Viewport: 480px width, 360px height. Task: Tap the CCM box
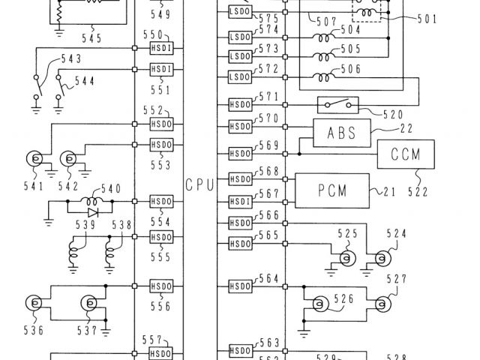(x=405, y=155)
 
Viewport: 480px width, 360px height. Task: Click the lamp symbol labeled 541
(x=34, y=158)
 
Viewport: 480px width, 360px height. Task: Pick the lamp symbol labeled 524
(x=381, y=259)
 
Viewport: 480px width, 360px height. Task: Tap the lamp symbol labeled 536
(x=34, y=304)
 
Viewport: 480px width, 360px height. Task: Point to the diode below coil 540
(x=93, y=212)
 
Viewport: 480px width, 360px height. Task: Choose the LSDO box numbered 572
(x=239, y=76)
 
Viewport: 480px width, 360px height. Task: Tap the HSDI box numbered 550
(x=162, y=49)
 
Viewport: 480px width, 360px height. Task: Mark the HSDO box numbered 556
(x=162, y=286)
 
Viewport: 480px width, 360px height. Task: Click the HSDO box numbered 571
(x=240, y=104)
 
